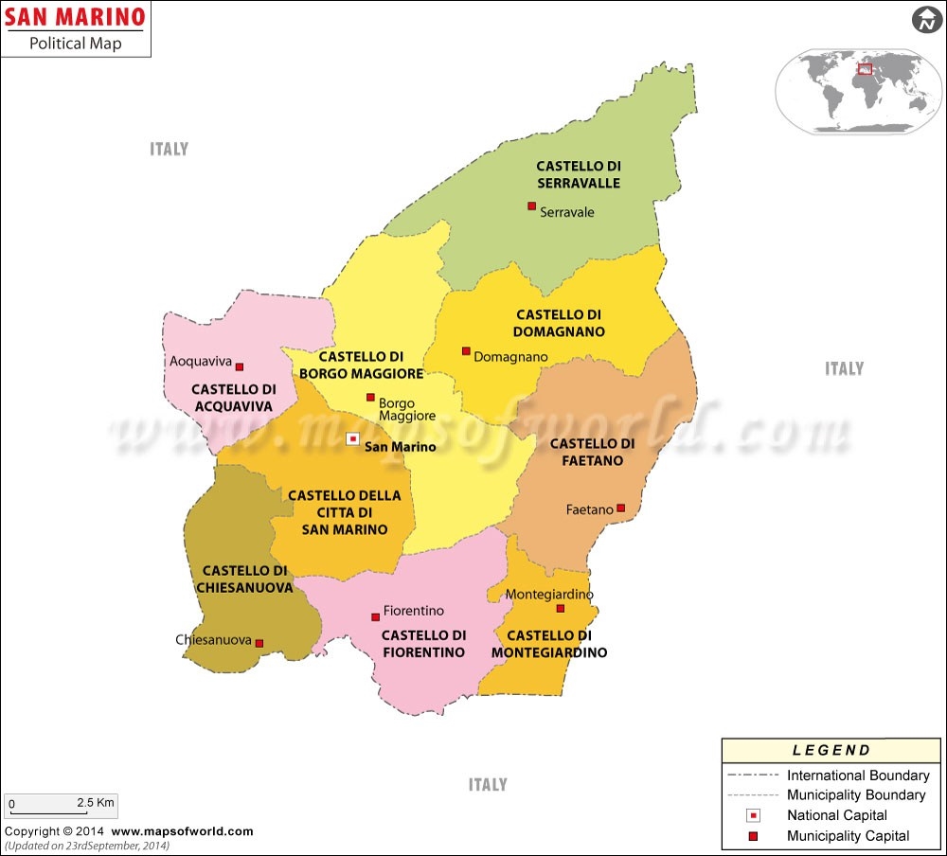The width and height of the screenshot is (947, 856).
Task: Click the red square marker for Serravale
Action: [x=531, y=205]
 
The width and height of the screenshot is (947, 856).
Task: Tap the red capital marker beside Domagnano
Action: [x=466, y=350]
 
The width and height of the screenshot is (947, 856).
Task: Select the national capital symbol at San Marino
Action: [x=352, y=438]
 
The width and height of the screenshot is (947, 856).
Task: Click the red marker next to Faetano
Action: [x=621, y=508]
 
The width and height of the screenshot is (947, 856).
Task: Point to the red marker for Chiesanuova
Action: [x=259, y=643]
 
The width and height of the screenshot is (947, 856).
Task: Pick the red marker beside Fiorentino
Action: [x=375, y=616]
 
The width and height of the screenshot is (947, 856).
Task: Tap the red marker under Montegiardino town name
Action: [x=560, y=608]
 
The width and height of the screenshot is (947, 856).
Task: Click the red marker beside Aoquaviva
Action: [x=240, y=366]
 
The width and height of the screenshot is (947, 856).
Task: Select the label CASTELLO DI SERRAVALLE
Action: [x=578, y=174]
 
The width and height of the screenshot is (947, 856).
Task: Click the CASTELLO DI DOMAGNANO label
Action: [x=559, y=323]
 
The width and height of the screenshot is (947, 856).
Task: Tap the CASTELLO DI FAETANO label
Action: [x=593, y=452]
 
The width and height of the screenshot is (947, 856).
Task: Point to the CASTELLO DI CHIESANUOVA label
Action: [x=244, y=579]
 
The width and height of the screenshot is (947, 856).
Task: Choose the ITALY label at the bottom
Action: [x=488, y=784]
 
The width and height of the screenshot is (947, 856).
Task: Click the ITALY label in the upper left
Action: [x=169, y=149]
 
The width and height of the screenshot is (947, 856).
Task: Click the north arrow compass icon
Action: [x=923, y=19]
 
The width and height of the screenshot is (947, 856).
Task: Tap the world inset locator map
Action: [x=858, y=91]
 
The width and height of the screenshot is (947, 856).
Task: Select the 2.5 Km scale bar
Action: [x=60, y=807]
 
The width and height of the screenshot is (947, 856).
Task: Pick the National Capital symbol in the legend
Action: [x=754, y=815]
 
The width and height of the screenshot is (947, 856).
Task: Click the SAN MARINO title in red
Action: [x=76, y=17]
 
